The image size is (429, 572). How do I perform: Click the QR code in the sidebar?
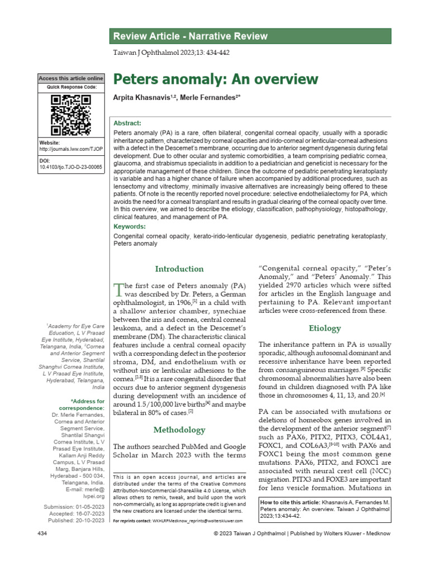point(71,115)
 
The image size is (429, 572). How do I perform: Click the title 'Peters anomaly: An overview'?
point(216,79)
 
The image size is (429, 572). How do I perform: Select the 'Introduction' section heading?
point(179,269)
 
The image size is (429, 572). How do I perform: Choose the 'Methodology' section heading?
point(179,430)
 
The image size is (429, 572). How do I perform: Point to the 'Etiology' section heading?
point(325,328)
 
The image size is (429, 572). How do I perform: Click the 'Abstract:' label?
point(127,123)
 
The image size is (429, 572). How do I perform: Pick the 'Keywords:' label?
point(130,227)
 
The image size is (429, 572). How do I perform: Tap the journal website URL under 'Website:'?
point(71,150)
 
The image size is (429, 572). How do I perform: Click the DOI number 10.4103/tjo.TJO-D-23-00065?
point(71,167)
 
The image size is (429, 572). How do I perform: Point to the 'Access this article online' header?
point(71,78)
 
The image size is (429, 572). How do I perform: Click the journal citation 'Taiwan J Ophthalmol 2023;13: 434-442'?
point(171,53)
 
